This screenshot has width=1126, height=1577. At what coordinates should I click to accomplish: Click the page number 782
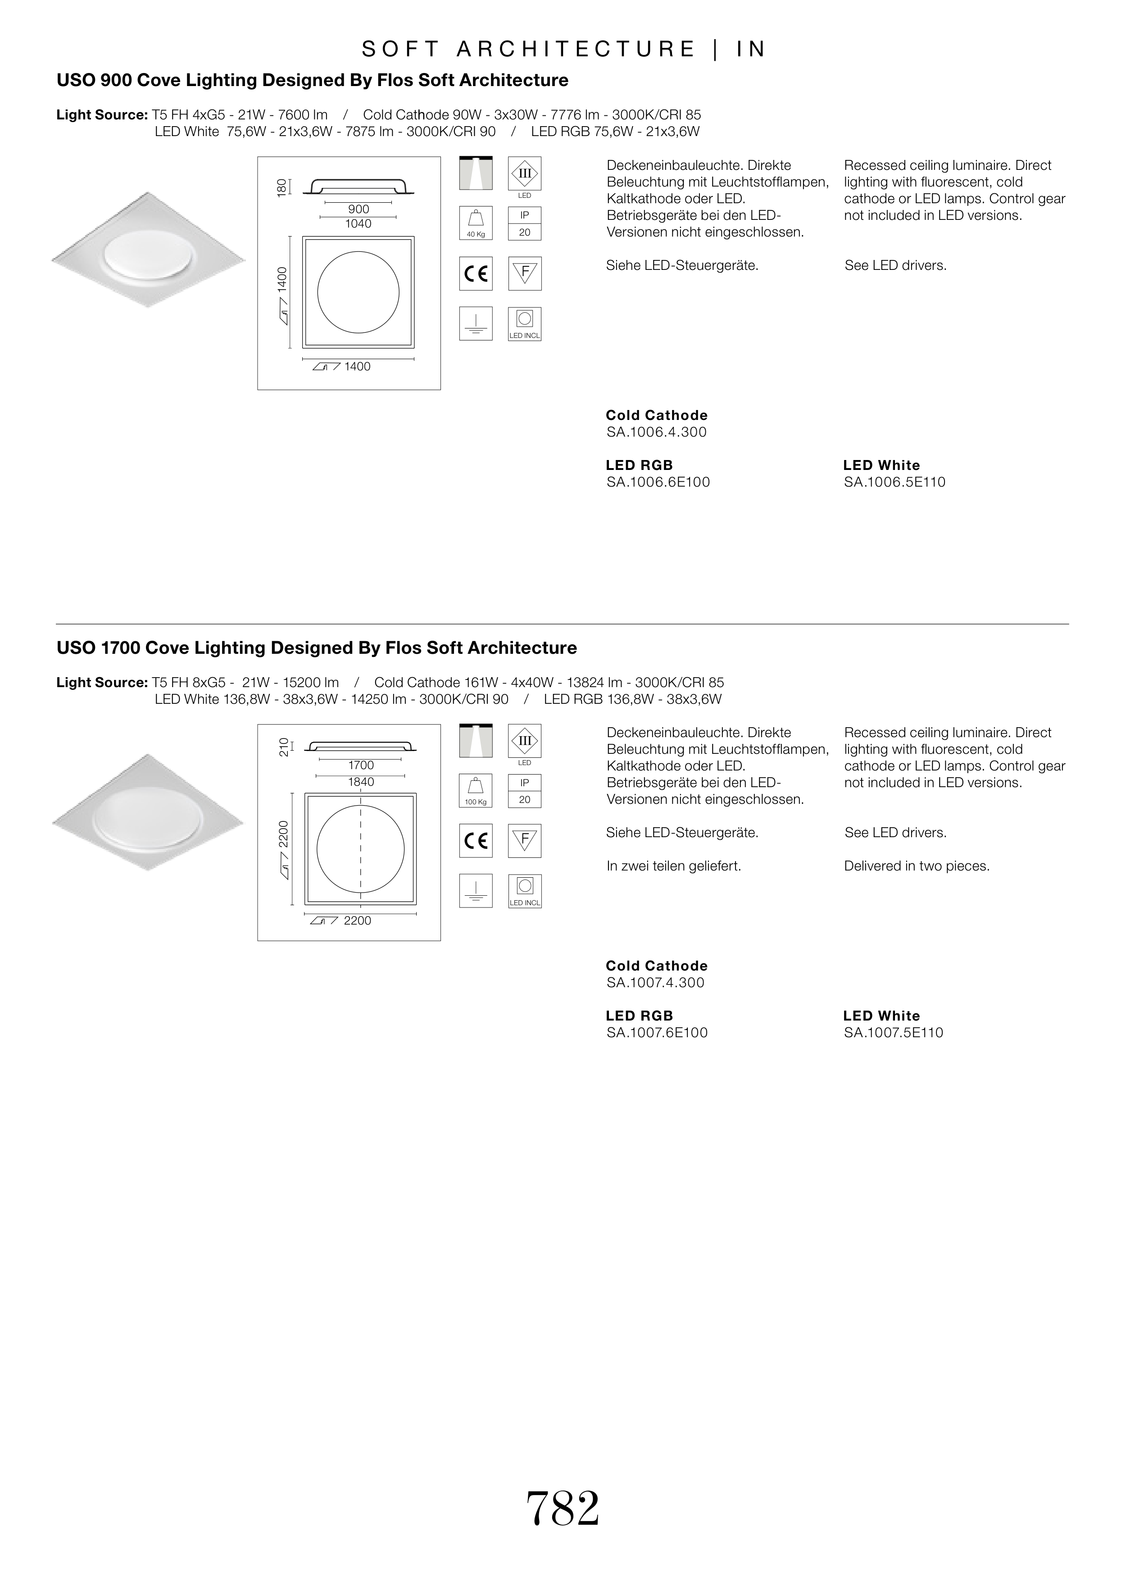click(x=562, y=1509)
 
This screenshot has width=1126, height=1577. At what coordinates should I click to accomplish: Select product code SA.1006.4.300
click(x=656, y=432)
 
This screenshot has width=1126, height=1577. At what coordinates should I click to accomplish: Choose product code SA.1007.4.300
click(x=655, y=983)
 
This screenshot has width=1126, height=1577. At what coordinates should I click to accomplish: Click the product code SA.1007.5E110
click(x=893, y=1033)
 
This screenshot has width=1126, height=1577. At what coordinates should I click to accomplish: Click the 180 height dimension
click(x=281, y=187)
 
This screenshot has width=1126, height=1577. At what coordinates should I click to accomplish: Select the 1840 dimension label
click(x=360, y=782)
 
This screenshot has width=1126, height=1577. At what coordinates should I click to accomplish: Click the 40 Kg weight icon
click(x=476, y=223)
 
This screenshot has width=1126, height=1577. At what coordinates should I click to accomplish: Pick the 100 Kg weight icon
click(x=476, y=791)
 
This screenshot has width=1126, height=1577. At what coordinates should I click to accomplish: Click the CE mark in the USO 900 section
click(x=476, y=274)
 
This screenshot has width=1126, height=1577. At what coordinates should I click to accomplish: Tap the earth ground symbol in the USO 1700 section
click(x=476, y=891)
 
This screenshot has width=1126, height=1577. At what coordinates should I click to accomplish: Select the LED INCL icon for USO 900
click(x=525, y=324)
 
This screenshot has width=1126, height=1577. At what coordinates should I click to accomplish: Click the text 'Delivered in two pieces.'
click(x=917, y=866)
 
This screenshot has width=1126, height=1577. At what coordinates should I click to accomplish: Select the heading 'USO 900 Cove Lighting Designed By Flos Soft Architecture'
click(x=312, y=81)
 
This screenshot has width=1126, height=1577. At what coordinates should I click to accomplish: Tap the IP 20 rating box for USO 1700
click(x=525, y=791)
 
